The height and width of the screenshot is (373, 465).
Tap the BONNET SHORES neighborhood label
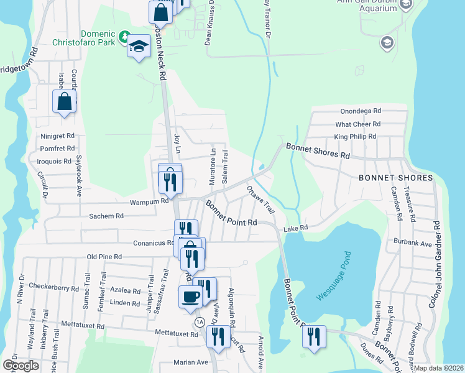coord(395,178)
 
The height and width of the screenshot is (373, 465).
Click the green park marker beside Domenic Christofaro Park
coord(125,35)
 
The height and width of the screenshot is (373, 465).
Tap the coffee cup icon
coord(190,296)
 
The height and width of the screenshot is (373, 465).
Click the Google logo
coord(21,366)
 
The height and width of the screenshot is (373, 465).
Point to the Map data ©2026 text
coord(439,368)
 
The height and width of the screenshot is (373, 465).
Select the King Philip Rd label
coord(355,136)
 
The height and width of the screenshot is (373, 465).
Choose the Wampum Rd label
coord(149,201)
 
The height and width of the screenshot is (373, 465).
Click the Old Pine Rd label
coord(103,256)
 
